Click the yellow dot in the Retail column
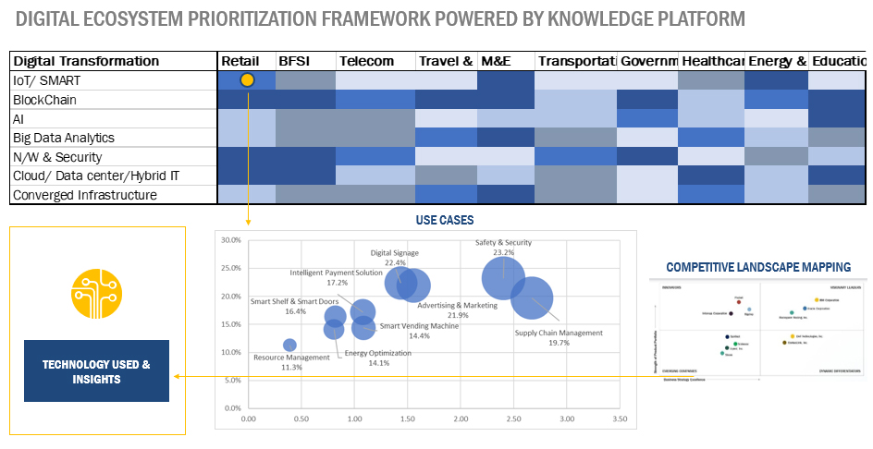coord(247,80)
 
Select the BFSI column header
coord(294,61)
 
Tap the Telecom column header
coord(366,61)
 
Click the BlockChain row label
coord(45,100)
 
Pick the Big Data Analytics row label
coord(62,138)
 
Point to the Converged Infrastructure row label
coord(84,195)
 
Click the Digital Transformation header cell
coord(86,61)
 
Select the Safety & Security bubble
coord(503,277)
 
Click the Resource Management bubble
coord(289,346)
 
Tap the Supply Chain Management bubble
coord(532,297)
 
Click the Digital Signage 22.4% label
coord(395,257)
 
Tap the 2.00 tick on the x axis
coord(461,419)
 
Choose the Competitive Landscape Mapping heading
coord(758,268)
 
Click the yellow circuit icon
coord(97,293)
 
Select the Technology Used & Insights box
coord(96,371)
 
